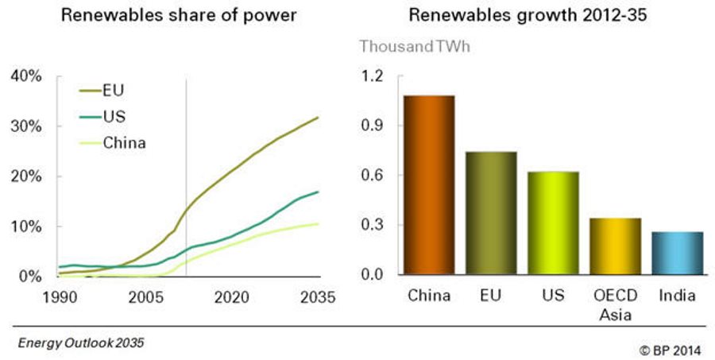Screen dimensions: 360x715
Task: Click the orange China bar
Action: (430, 185)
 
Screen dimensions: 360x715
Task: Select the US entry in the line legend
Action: (115, 118)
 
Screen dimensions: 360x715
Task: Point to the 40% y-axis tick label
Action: (26, 76)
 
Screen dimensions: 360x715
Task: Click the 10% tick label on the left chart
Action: (26, 226)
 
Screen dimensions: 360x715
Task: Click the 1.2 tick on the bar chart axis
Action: (373, 76)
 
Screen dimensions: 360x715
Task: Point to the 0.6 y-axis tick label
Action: (373, 176)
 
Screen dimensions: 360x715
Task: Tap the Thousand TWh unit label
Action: (415, 46)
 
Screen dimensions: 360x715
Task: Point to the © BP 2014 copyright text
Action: (665, 348)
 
